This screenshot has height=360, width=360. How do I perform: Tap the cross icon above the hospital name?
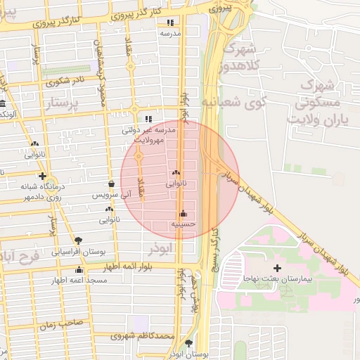click(277, 269)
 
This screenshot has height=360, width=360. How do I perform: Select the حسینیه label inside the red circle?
click(182, 224)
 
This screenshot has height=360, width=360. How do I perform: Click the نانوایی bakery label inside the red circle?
click(176, 184)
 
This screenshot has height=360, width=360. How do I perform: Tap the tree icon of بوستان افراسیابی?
click(78, 240)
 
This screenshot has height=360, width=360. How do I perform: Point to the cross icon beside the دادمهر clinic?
click(43, 176)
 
